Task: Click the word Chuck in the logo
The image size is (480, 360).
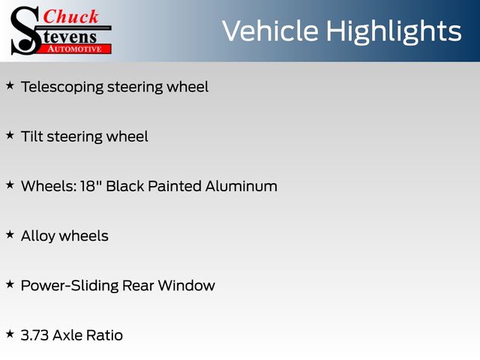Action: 70,16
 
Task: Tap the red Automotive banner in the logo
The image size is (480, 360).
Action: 74,49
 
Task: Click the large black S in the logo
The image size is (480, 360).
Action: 25,31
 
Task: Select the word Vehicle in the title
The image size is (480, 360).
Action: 270,31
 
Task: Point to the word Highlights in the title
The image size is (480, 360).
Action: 393,31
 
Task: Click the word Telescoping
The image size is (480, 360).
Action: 62,87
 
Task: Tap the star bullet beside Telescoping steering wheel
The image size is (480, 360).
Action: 10,85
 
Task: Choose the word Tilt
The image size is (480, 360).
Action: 32,136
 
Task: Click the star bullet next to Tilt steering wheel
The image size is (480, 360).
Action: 10,135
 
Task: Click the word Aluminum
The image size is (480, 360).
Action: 241,186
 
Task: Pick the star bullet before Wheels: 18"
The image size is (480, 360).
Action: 10,185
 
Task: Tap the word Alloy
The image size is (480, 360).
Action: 38,236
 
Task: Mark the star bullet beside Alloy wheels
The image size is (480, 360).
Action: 10,235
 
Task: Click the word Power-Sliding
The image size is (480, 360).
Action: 70,286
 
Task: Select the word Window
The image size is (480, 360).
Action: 187,286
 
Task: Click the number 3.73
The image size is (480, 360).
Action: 34,335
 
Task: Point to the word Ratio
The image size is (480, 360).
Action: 104,335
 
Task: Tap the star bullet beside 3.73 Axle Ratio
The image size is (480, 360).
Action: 10,334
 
